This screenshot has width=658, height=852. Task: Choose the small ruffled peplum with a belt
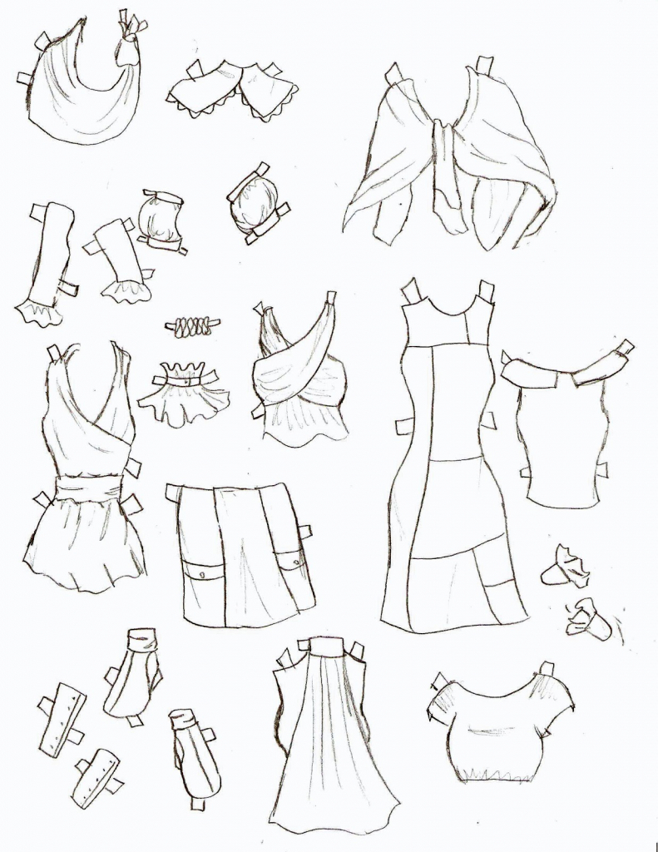(184, 395)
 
